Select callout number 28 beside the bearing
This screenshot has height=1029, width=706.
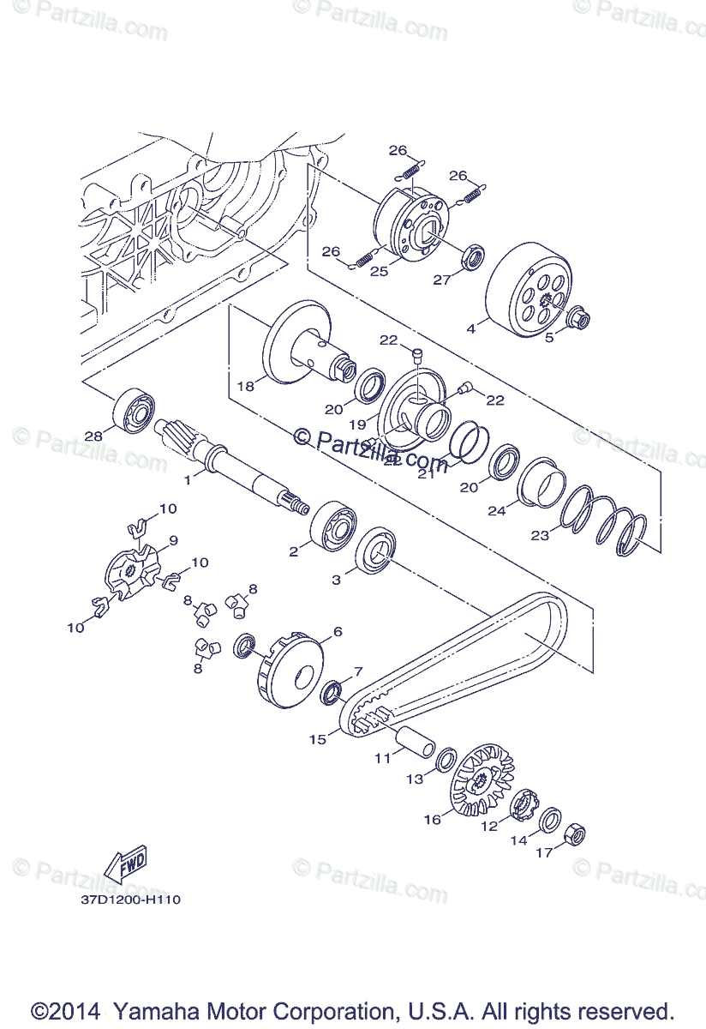pyautogui.click(x=93, y=436)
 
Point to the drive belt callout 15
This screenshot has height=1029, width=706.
pyautogui.click(x=318, y=739)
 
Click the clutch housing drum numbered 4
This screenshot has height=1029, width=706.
pyautogui.click(x=527, y=292)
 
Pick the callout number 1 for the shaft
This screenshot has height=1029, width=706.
pyautogui.click(x=188, y=479)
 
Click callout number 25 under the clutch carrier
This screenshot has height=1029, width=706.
pyautogui.click(x=380, y=271)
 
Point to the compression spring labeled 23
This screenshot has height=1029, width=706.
pyautogui.click(x=604, y=522)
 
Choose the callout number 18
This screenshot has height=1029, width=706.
pyautogui.click(x=246, y=386)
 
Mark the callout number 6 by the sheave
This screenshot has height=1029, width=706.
pyautogui.click(x=337, y=632)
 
